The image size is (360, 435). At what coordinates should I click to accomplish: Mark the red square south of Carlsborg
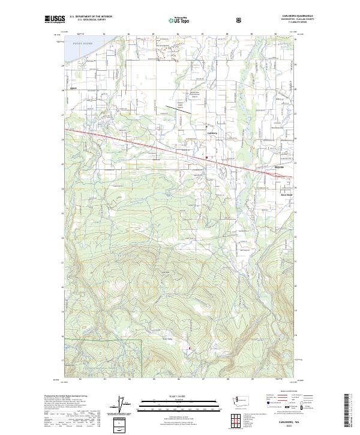[206, 158]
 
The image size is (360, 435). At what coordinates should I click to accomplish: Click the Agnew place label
[75, 87]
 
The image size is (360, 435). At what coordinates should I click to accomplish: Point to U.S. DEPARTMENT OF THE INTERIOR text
[88, 17]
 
